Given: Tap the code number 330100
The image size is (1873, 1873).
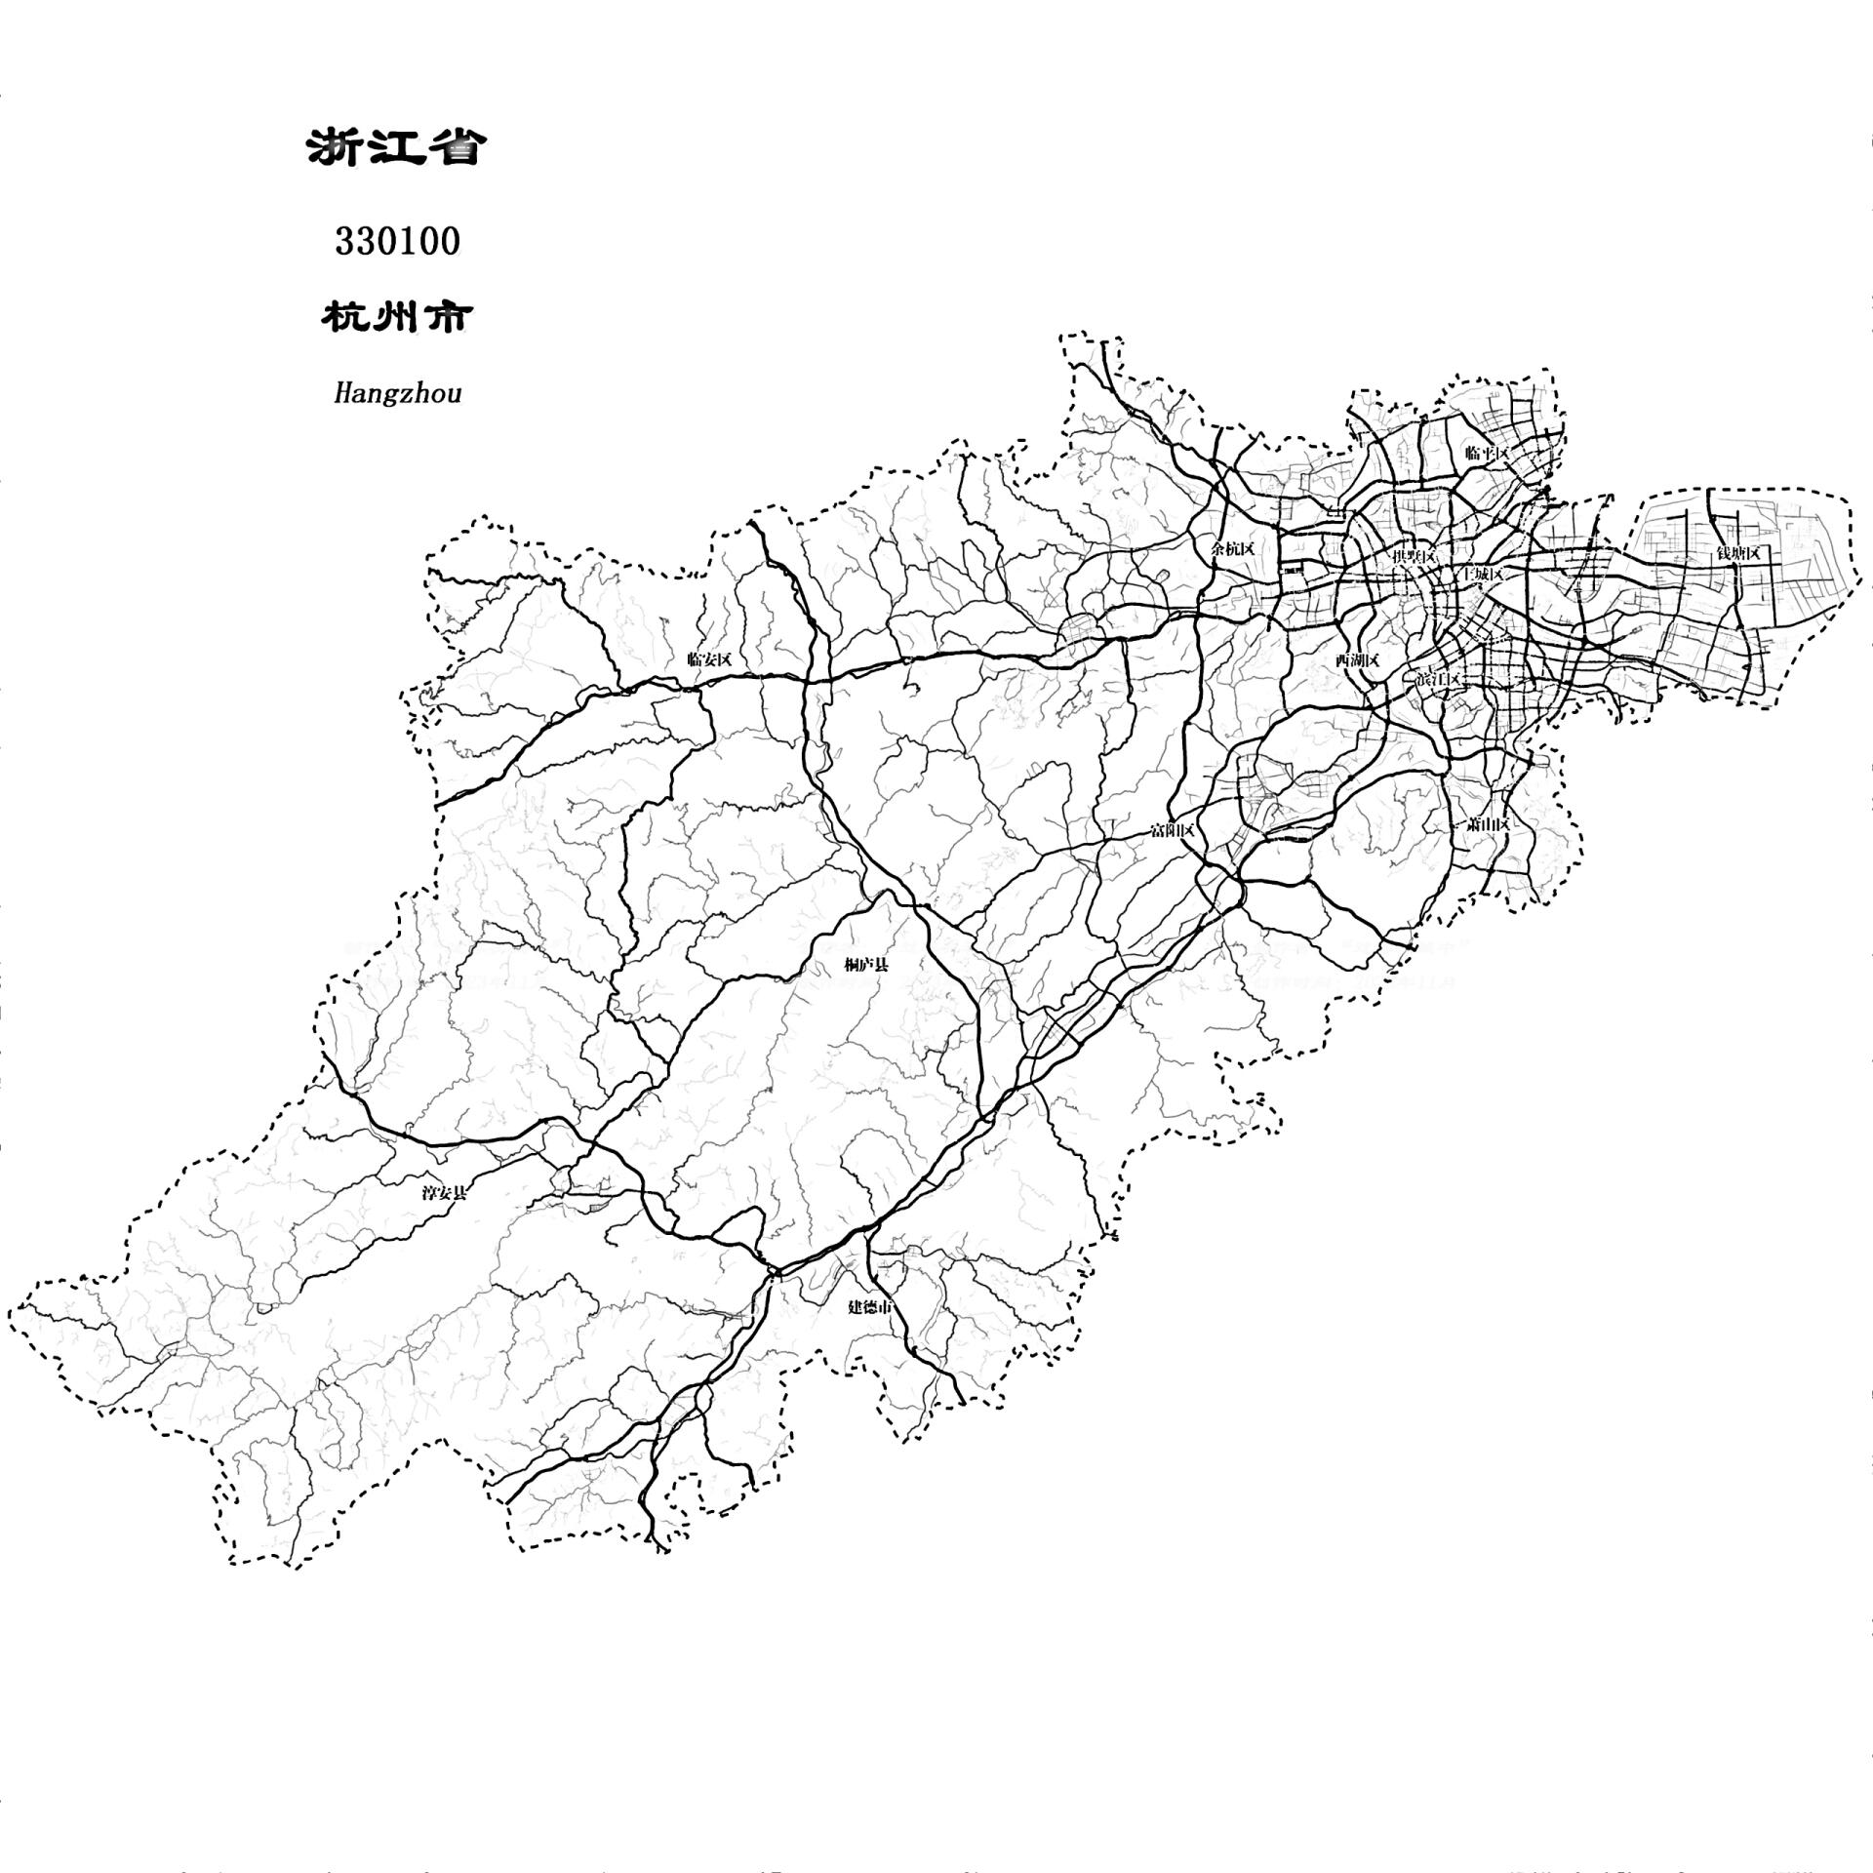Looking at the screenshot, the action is (397, 241).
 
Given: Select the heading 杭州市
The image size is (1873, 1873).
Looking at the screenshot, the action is (396, 317).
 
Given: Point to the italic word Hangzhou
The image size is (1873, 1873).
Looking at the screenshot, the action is (397, 393).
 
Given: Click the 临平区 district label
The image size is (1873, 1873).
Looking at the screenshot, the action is (1487, 453).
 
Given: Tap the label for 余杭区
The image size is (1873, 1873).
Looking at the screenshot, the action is (1232, 548).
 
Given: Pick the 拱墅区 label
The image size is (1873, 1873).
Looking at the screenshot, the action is (1414, 556).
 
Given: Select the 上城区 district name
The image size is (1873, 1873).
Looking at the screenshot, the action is (1479, 575).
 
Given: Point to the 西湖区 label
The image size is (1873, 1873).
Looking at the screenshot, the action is (1357, 660).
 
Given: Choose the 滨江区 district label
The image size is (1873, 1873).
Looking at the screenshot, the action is (1437, 679).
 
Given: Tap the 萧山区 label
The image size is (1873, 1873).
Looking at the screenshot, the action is (1488, 824).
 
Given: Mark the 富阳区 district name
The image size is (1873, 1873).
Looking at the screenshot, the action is (1172, 830).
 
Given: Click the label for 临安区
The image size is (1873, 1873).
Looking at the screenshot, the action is (709, 659).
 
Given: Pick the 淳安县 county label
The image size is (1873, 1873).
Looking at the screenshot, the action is (444, 1192).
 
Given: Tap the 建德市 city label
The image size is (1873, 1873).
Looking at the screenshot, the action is (869, 1307).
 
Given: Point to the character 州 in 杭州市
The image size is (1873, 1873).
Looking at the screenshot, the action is (396, 317).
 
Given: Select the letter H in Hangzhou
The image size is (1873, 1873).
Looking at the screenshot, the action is (342, 393).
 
